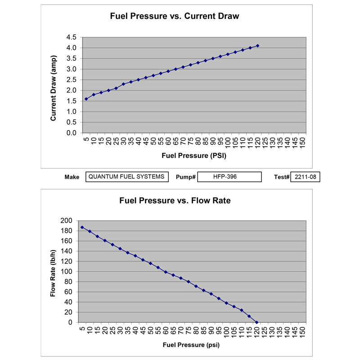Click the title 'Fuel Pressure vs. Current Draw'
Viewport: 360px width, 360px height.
tap(175, 17)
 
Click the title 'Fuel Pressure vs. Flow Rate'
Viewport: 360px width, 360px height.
tap(175, 201)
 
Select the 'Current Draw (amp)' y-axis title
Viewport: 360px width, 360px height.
tap(53, 86)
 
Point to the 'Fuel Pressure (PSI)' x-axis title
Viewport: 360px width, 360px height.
tap(193, 156)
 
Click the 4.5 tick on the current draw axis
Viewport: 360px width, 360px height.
tap(72, 37)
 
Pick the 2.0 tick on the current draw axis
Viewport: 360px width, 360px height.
tap(72, 90)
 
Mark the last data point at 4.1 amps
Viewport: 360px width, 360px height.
tap(258, 45)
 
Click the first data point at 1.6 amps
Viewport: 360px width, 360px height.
tap(86, 99)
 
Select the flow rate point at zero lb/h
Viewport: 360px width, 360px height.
tap(256, 322)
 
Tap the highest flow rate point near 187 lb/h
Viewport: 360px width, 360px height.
tap(82, 227)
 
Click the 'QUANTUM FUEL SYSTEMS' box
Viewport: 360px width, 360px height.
tap(127, 177)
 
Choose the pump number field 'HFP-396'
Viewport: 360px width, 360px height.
tap(229, 177)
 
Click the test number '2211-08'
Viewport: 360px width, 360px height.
tap(305, 177)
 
